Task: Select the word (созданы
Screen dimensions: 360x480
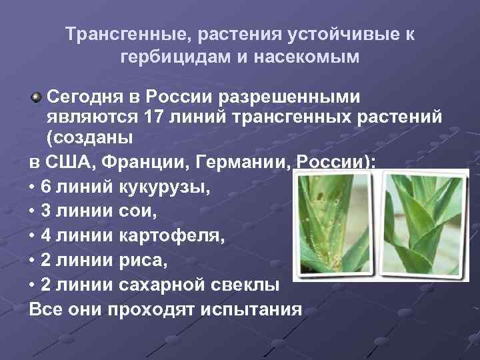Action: tap(89, 139)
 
